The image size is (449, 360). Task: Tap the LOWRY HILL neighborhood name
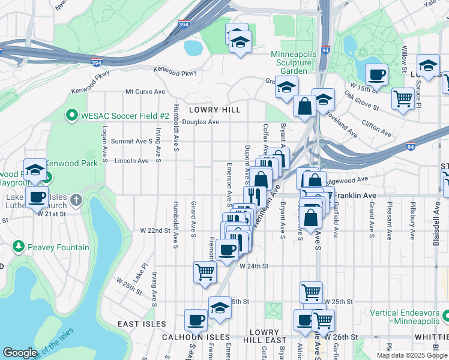click(x=214, y=110)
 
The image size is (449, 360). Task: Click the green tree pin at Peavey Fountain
click(x=19, y=247)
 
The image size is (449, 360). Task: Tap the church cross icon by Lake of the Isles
click(x=76, y=199)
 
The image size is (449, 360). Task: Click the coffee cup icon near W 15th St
click(x=376, y=75)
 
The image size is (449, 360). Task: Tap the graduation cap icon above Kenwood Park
click(x=35, y=169)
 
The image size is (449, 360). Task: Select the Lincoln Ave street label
click(x=131, y=161)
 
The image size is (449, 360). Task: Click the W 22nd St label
click(x=155, y=230)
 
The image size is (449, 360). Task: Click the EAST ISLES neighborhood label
click(x=142, y=324)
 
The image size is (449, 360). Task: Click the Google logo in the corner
click(x=20, y=353)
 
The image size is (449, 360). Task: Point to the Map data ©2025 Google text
click(x=411, y=355)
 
